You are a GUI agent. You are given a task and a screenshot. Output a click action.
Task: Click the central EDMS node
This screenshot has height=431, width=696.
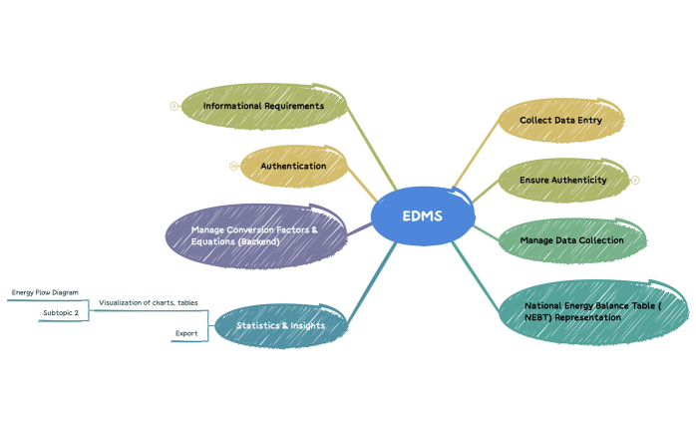coord(422,216)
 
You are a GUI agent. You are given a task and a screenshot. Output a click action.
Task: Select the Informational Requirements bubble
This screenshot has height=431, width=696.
coord(263,106)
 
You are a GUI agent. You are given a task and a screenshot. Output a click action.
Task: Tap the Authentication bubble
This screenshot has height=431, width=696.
coord(293,166)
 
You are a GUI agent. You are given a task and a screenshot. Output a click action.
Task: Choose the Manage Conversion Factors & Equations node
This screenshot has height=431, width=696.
coord(254,235)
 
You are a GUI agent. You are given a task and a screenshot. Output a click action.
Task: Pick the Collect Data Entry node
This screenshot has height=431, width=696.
coord(560,120)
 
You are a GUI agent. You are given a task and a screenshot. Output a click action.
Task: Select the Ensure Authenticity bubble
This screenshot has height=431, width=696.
coord(562,180)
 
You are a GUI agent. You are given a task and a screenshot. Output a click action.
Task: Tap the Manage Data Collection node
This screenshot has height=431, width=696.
coord(571,240)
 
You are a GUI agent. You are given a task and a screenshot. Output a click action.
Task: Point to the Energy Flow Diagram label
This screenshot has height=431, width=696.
coord(44,293)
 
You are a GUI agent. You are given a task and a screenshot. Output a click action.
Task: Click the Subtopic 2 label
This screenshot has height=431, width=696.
coord(60,313)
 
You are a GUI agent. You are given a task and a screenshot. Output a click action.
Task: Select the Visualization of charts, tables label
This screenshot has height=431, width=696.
coord(148,302)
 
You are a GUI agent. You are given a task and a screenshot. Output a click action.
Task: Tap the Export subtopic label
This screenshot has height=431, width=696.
coord(185,333)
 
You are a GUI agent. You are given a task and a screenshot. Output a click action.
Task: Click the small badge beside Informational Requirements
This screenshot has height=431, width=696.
coord(174,106)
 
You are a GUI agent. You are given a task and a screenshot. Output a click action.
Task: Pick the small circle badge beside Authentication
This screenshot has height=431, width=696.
coord(233,166)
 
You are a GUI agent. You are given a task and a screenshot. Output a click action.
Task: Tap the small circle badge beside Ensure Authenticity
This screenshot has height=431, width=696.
coord(635,181)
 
